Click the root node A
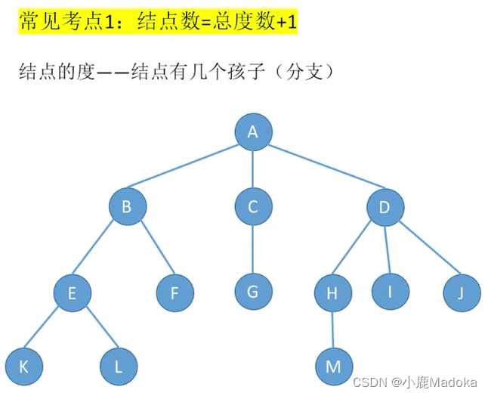tap(252, 132)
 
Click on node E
tap(73, 292)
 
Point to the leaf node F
tap(175, 292)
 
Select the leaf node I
tap(389, 291)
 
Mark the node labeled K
tap(23, 367)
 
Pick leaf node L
tap(118, 367)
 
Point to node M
tap(333, 367)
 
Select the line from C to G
tap(252, 249)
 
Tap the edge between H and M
tap(332, 330)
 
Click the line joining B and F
tap(151, 250)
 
